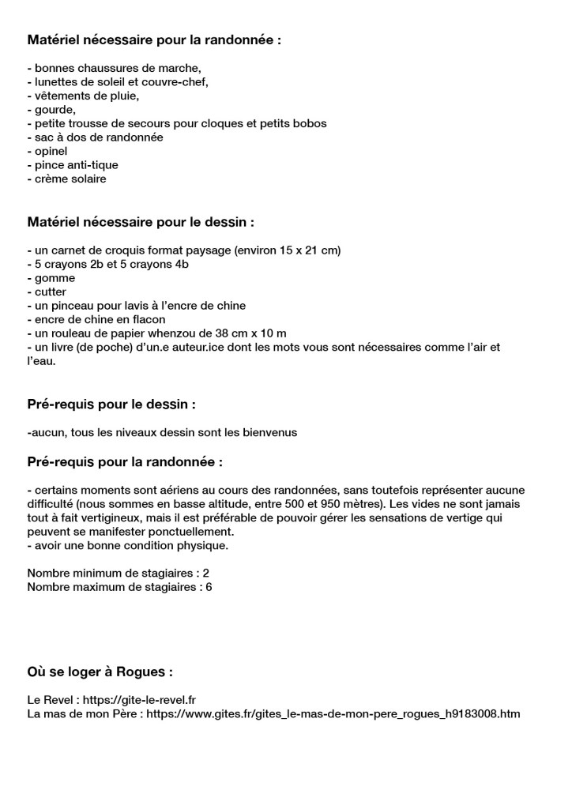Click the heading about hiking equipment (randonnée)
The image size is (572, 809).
[x=154, y=40]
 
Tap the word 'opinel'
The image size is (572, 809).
[x=51, y=151]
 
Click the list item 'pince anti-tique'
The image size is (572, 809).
[x=76, y=165]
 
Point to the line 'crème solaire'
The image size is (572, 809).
[x=70, y=179]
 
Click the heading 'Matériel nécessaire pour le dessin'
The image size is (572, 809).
[x=141, y=222]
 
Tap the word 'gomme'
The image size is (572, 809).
[x=55, y=278]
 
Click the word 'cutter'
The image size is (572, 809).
[x=51, y=292]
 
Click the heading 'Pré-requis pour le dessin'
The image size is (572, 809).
[x=111, y=404]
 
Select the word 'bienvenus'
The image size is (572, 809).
[x=271, y=432]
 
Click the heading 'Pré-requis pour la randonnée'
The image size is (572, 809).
[x=125, y=461]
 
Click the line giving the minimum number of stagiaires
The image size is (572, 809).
[x=119, y=573]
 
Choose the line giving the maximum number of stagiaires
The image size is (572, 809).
[x=120, y=587]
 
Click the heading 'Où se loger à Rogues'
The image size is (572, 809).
[x=100, y=672]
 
